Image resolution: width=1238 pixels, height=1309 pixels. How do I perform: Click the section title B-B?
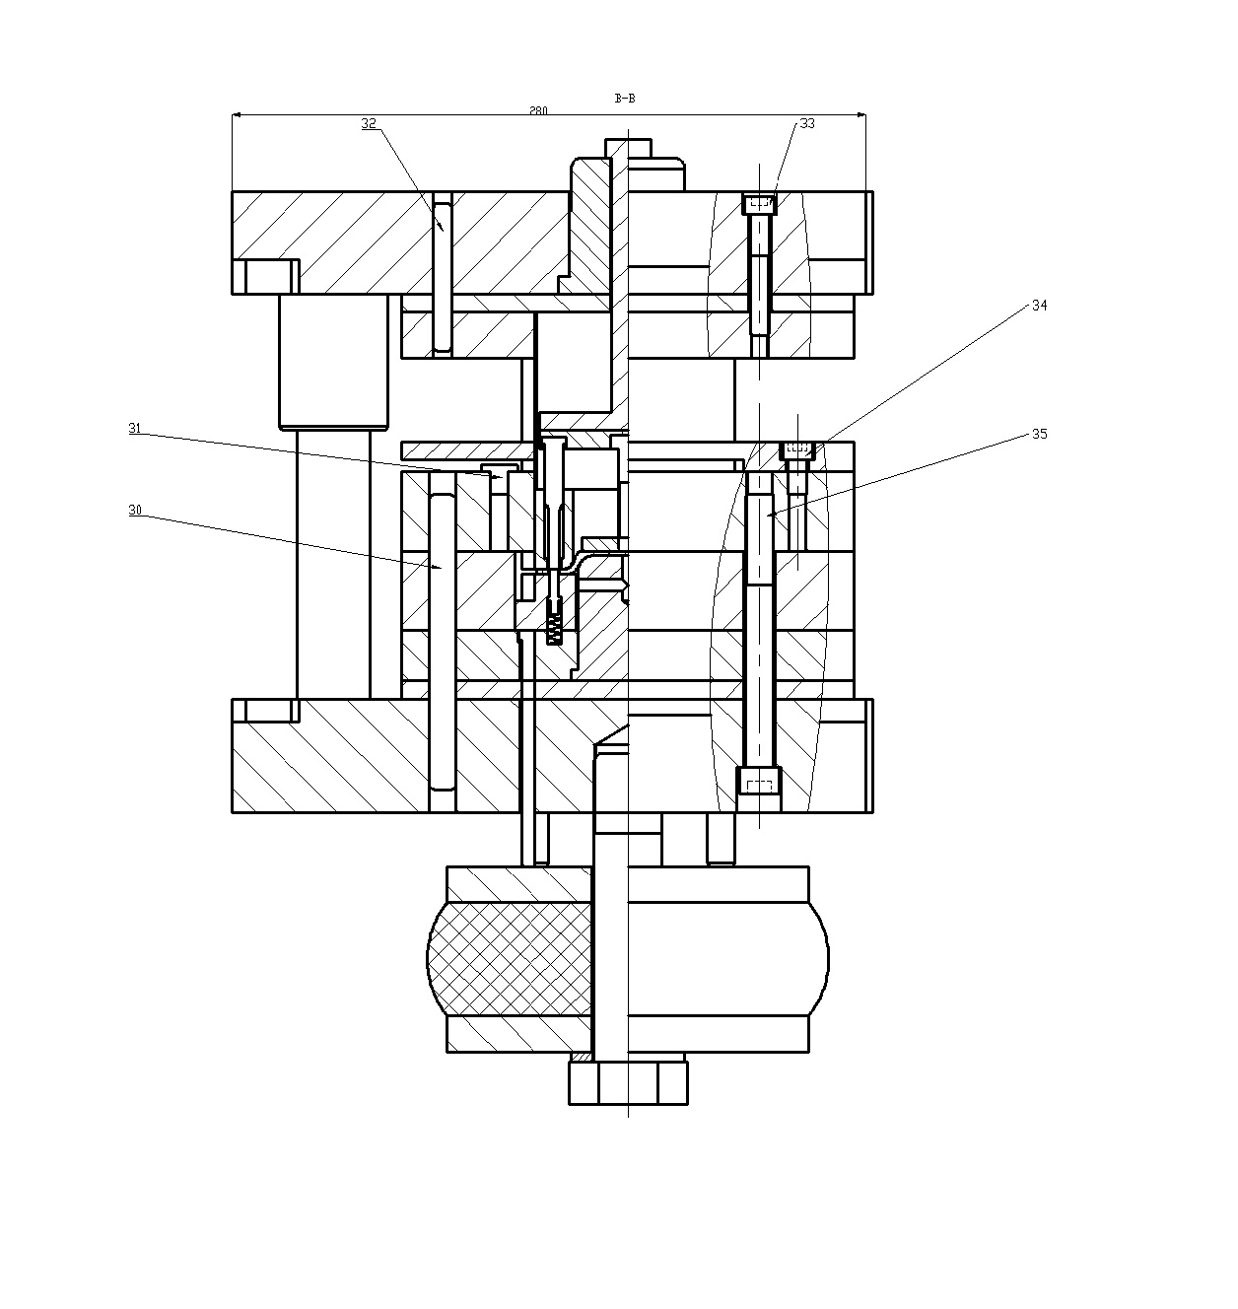624,99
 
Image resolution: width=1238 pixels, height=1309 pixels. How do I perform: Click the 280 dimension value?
538,110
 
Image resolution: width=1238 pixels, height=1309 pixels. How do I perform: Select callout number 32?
369,124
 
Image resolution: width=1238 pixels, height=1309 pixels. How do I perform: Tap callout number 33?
807,124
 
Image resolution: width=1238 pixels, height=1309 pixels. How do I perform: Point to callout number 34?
1039,306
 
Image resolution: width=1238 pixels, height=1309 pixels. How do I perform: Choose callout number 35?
1039,434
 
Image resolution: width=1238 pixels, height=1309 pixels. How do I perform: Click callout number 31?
134,428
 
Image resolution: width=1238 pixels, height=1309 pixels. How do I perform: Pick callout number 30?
135,510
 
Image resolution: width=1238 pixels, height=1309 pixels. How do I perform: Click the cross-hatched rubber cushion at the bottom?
511,958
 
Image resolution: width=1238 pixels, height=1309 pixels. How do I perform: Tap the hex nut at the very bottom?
628,1082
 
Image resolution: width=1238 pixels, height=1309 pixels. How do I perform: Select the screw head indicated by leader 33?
759,204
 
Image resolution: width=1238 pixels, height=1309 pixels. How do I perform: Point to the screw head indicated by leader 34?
797,450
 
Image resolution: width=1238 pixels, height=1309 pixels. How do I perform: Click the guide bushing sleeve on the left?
333,362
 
